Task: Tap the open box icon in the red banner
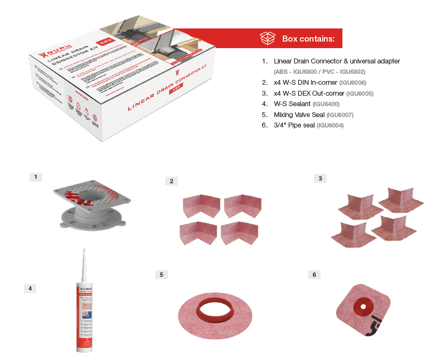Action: point(267,39)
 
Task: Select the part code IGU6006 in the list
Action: point(352,83)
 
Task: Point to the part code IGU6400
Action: point(325,104)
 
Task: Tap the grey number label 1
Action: point(35,177)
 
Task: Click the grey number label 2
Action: point(171,181)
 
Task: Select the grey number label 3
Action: point(320,178)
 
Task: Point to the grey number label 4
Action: point(30,288)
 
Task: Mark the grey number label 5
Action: point(160,275)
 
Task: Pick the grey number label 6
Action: point(313,275)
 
